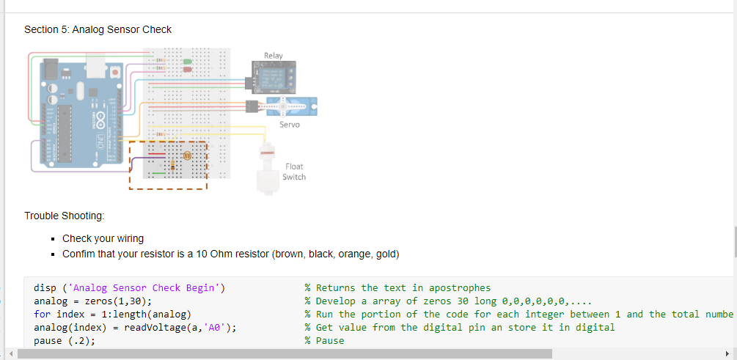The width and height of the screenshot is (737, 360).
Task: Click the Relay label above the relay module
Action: [273, 56]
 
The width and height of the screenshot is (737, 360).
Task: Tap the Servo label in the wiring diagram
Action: [289, 125]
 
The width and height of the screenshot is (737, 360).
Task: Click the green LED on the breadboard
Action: [187, 62]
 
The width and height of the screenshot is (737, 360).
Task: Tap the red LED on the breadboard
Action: [187, 70]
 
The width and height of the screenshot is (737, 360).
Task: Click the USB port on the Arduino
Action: [51, 70]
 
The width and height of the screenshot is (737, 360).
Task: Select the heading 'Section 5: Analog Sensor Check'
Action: [98, 30]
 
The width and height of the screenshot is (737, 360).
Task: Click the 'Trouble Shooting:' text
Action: [64, 216]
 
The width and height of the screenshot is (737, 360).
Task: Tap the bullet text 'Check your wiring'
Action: [103, 238]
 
